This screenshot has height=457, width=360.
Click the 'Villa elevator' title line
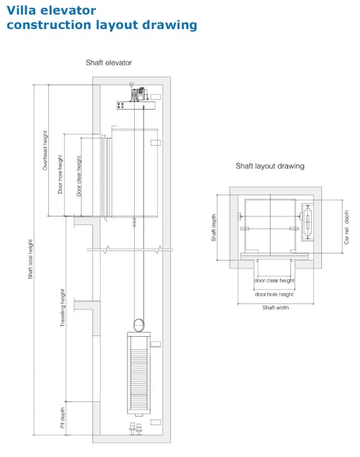coord(51,10)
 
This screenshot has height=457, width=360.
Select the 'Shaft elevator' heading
coord(109,63)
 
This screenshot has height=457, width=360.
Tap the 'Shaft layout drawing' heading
coord(270,166)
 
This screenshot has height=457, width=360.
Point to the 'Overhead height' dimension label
coord(45,150)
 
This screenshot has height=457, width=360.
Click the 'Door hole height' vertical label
coord(60,174)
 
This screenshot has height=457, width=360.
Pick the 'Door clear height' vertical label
coord(79,176)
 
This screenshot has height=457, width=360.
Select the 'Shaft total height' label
coord(30,259)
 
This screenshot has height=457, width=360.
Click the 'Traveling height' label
coord(63,308)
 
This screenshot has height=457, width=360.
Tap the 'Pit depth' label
coord(63,418)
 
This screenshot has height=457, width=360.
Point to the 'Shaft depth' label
coord(214,228)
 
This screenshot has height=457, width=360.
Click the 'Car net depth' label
coord(346,227)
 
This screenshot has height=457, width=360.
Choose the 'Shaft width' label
coord(275,308)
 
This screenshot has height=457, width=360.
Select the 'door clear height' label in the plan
coord(274,280)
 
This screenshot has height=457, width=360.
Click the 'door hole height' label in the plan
coord(274,294)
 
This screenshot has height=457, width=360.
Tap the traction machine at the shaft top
coord(139,94)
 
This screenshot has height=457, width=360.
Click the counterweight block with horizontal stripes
coord(139,373)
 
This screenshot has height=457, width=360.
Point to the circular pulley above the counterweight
coord(139,325)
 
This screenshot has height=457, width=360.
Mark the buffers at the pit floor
coord(135,429)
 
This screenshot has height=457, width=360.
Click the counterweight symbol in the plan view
coord(307,222)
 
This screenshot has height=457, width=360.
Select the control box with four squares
coord(121,106)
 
